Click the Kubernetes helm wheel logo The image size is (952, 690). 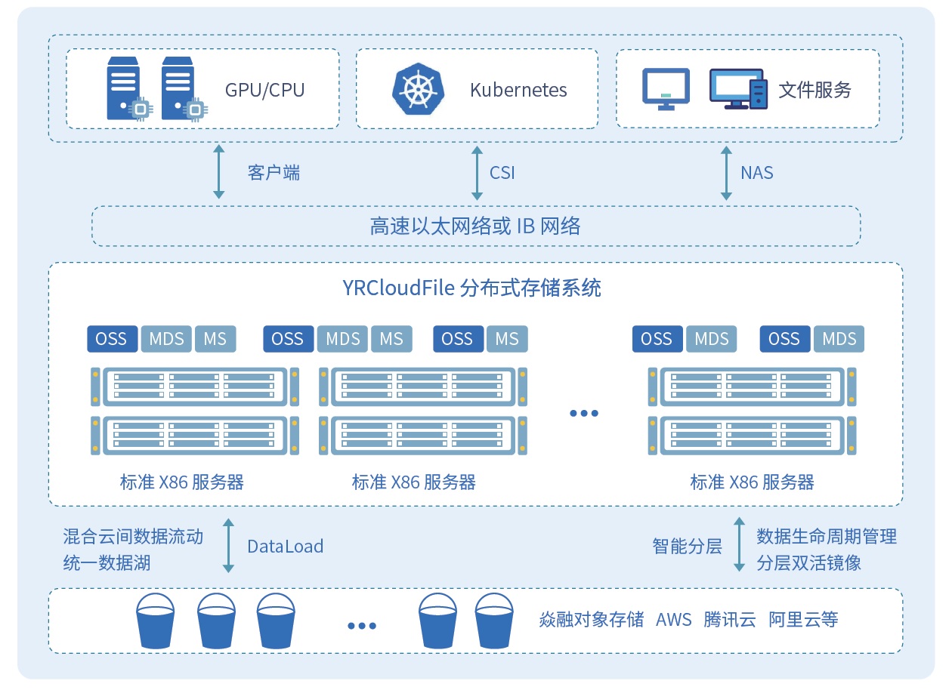(415, 89)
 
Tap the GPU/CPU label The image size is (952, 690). (264, 90)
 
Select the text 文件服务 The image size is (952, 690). (814, 90)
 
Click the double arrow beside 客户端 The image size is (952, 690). (219, 172)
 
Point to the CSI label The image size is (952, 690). (502, 173)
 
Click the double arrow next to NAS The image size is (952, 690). (726, 173)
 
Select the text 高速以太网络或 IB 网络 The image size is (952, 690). (475, 226)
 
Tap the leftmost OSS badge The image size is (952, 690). (112, 339)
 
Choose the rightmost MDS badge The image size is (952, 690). (839, 339)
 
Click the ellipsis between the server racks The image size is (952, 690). (584, 413)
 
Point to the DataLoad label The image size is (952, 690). (286, 546)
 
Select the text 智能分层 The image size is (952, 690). (687, 546)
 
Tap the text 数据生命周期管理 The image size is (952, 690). (827, 537)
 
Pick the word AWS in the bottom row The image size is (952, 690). (673, 620)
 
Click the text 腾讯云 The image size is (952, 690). (729, 620)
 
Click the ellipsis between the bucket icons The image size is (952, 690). (362, 625)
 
